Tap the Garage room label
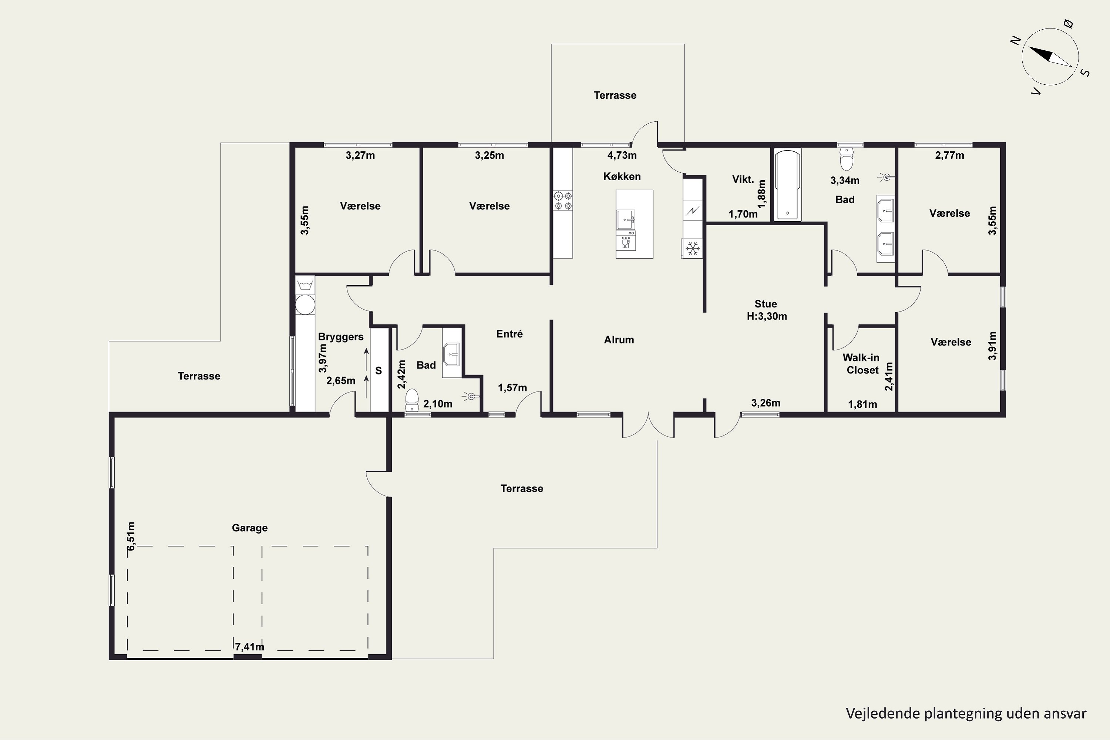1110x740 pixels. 250,528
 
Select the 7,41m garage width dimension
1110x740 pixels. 250,646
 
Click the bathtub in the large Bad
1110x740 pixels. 788,185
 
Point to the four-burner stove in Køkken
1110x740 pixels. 563,200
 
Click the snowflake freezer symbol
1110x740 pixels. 692,248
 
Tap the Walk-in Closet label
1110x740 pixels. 861,364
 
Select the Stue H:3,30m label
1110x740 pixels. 766,310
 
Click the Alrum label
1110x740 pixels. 619,340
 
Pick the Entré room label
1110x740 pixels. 510,334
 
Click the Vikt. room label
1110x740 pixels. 743,179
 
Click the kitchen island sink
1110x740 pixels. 626,219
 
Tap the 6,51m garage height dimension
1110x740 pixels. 131,536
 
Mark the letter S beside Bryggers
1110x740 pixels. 379,371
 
